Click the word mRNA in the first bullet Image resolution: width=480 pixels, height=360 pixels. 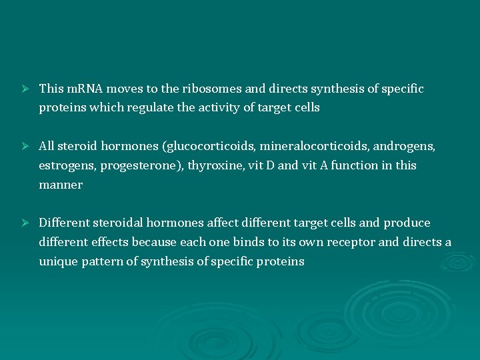pos(81,89)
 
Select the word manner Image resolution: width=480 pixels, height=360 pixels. pos(61,185)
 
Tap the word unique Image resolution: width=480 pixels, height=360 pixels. pos(58,261)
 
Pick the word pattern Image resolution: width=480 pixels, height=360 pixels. pos(103,261)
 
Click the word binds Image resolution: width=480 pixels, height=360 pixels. pos(267,242)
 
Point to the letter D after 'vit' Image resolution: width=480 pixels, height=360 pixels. pos(270,165)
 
